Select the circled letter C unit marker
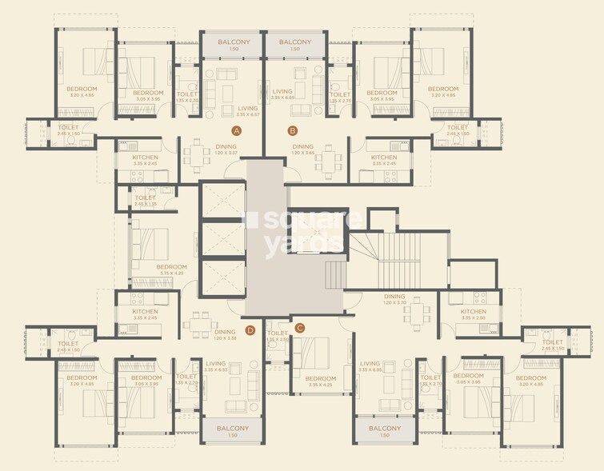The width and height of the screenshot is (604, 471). point(300,327)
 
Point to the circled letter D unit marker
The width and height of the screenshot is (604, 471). point(250,328)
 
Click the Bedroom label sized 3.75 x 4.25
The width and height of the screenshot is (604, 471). point(171,267)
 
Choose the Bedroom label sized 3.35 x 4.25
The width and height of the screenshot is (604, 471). point(320,378)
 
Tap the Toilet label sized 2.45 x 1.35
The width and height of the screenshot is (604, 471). point(146,198)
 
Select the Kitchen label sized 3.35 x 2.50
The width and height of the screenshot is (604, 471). point(473,312)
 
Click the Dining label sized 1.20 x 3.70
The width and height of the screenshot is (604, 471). point(394,296)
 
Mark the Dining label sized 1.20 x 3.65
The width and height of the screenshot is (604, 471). point(303,147)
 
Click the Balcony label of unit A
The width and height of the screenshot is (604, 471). point(234,42)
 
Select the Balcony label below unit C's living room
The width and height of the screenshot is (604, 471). point(385,429)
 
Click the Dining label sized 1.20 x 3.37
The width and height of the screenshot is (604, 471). point(226,147)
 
